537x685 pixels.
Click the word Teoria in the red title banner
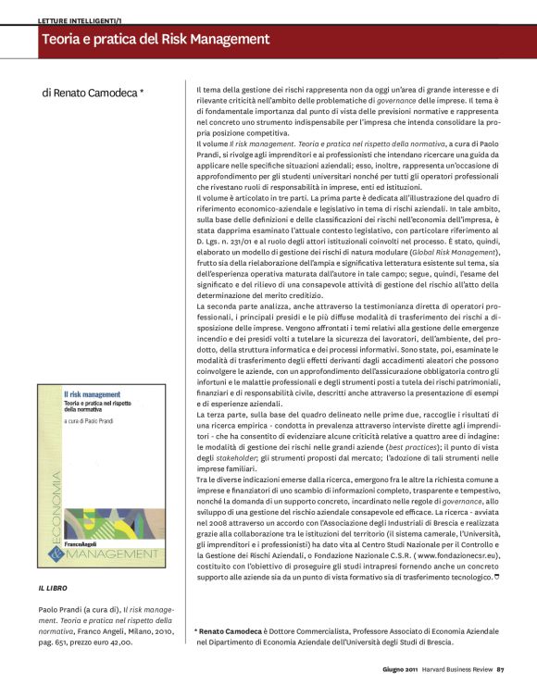(64, 40)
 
